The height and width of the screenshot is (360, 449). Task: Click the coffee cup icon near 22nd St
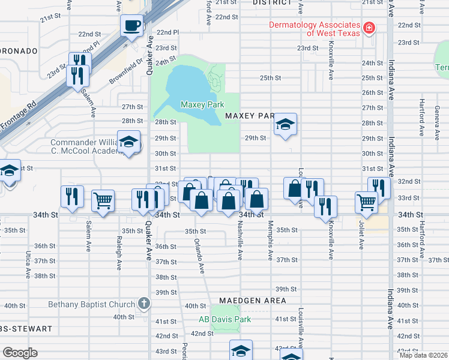[x=132, y=26]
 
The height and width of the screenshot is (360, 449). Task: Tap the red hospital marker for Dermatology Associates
[x=369, y=28]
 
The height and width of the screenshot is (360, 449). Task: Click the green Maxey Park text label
[x=202, y=104]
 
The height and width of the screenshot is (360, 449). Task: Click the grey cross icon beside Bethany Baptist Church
[x=143, y=304]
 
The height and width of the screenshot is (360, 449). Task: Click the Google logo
[x=20, y=353]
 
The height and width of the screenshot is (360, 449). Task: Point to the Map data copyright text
[x=424, y=355]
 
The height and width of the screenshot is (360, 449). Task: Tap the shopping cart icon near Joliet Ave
[x=366, y=202]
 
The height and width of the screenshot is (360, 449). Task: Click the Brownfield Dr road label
[x=127, y=70]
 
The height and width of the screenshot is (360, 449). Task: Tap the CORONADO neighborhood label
[x=18, y=50]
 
